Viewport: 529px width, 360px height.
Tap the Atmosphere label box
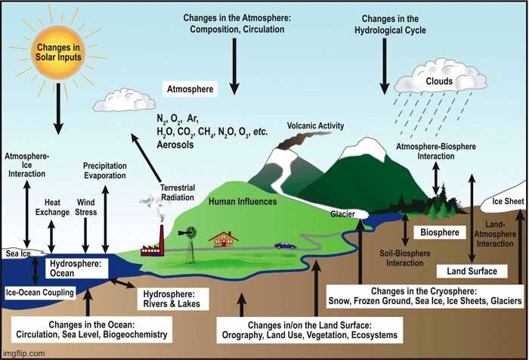pyautogui.click(x=190, y=89)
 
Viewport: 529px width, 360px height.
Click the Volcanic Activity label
pyautogui.click(x=315, y=126)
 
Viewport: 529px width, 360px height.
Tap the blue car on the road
pyautogui.click(x=285, y=245)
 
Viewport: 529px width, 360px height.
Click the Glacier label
pyautogui.click(x=342, y=214)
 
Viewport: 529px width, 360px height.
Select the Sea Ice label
pyautogui.click(x=17, y=254)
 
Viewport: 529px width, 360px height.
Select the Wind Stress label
pyautogui.click(x=85, y=207)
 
